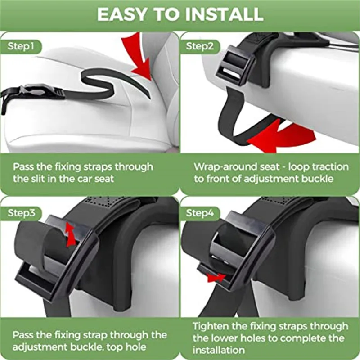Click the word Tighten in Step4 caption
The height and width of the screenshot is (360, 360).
[x=211, y=326]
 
